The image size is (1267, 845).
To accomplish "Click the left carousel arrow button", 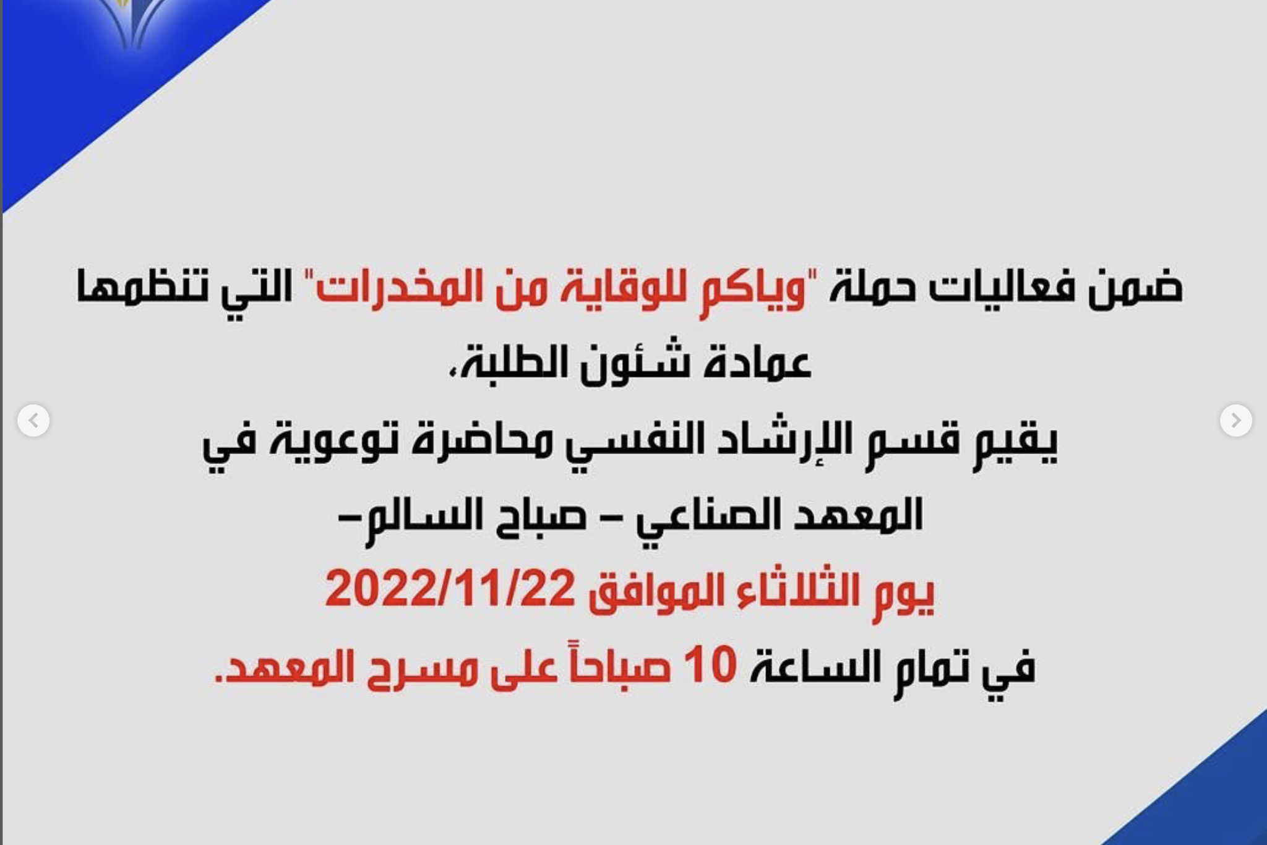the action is pos(33,421).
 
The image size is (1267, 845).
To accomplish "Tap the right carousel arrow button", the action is pos(1236,421).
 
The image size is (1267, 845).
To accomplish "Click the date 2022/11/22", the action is pos(450,590).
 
